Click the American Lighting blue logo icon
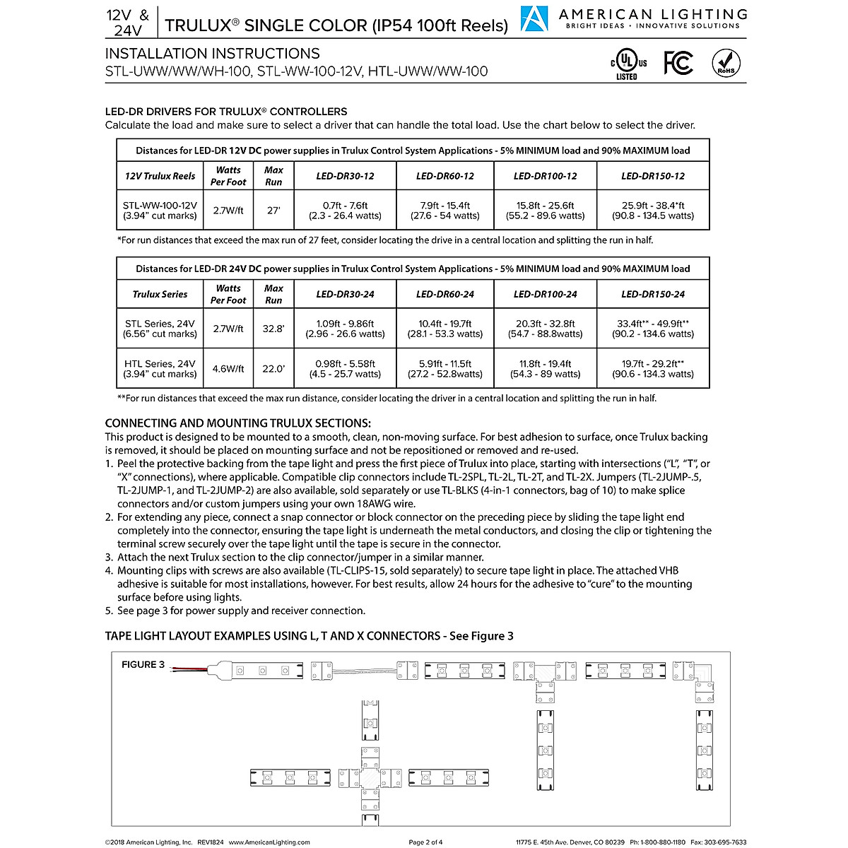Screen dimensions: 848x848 (534, 19)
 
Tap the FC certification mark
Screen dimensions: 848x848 (678, 63)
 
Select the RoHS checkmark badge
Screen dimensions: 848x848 (726, 63)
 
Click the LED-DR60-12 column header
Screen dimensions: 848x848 (444, 176)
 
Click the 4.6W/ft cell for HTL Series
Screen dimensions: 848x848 (228, 369)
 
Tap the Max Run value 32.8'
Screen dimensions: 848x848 (273, 329)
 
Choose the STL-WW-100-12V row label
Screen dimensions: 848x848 (160, 211)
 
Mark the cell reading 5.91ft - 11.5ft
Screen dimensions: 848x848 (444, 369)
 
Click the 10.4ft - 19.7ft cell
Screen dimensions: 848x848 (444, 329)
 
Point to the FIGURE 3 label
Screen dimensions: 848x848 (143, 664)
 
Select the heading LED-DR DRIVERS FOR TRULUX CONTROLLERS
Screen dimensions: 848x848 (226, 112)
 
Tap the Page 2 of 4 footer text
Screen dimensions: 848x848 (425, 842)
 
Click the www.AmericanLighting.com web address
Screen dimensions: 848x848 (269, 842)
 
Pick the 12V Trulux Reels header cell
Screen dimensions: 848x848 (160, 176)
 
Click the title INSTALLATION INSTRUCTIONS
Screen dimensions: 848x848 (212, 54)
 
